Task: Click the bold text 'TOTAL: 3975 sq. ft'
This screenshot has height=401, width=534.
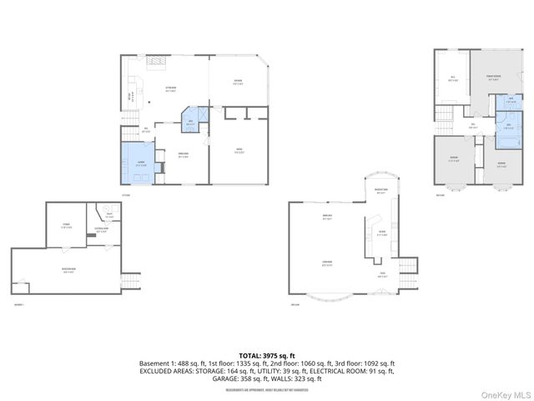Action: (267, 355)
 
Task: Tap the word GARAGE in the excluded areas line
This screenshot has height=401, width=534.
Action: (224, 378)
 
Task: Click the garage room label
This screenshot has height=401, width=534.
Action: (239, 151)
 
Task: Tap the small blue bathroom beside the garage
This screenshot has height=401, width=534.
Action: (191, 123)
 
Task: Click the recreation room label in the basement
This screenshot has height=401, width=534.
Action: (69, 270)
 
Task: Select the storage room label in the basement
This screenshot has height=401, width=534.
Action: (65, 225)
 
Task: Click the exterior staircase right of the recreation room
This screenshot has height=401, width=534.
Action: (130, 281)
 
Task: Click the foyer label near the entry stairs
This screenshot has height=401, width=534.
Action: (381, 274)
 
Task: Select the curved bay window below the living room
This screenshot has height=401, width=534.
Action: (330, 296)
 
